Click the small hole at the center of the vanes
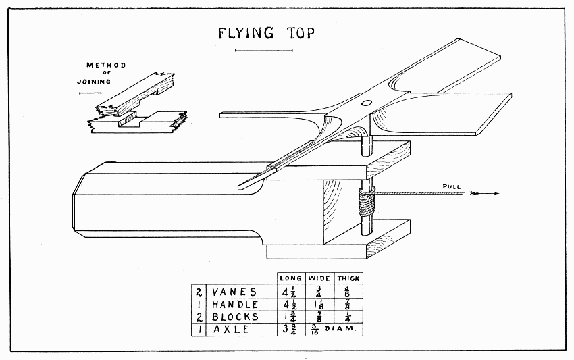tap(366, 103)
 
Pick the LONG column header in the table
tap(291, 278)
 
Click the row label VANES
tap(235, 292)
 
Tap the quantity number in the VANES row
tap(199, 292)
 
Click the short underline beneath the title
tap(253, 51)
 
